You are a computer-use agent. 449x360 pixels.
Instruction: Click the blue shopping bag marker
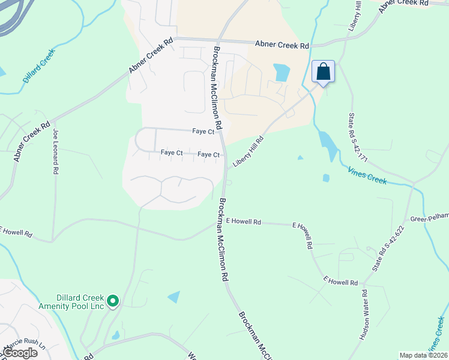[323, 73]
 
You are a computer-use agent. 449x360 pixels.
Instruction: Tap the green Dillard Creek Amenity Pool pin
[113, 300]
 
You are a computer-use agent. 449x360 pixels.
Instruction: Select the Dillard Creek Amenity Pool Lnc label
[80, 302]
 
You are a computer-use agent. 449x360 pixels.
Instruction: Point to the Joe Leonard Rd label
[56, 152]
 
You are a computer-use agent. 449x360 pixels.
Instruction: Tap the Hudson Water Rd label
[364, 315]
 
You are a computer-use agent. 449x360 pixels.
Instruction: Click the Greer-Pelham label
[429, 218]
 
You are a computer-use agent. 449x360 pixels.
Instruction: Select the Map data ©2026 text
[423, 355]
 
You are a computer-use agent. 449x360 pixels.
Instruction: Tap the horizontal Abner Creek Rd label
[282, 45]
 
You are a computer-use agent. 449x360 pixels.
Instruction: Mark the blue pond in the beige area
[281, 73]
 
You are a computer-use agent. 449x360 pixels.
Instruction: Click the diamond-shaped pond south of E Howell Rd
[174, 296]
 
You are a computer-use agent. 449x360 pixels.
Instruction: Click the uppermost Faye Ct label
[203, 131]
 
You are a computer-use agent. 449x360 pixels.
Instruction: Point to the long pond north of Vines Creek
[327, 144]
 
